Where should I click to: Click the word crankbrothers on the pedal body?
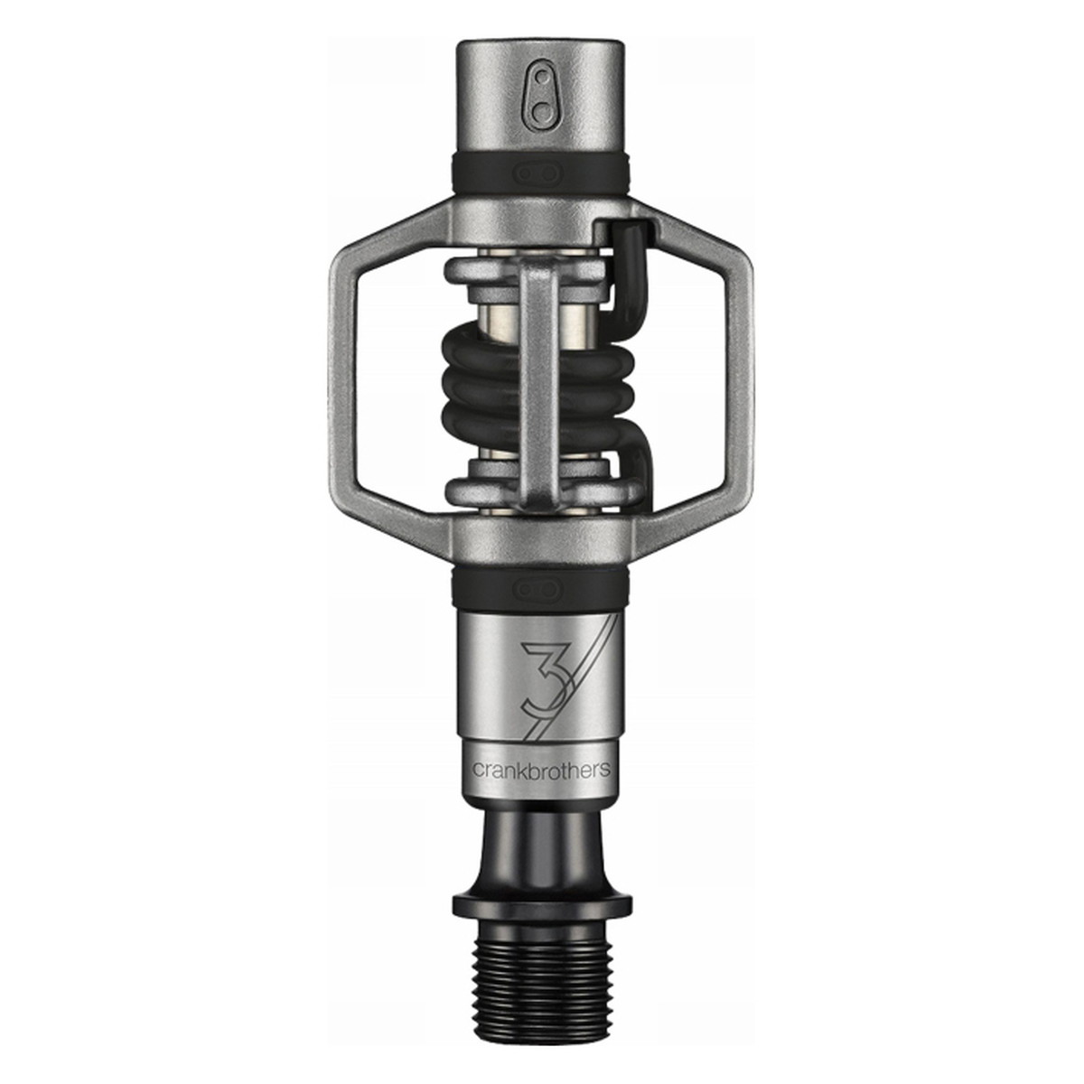542,770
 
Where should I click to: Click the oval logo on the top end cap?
542,91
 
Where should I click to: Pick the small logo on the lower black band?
542,589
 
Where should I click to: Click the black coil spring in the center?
488,379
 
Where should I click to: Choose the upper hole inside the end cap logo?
542,77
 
